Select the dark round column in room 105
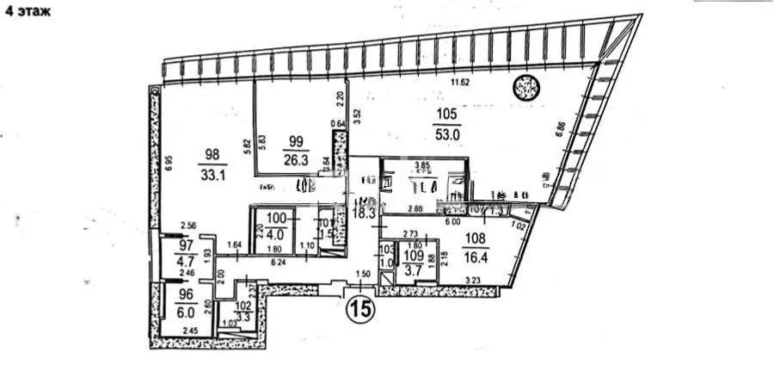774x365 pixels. pos(525,87)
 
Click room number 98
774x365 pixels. pos(212,154)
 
